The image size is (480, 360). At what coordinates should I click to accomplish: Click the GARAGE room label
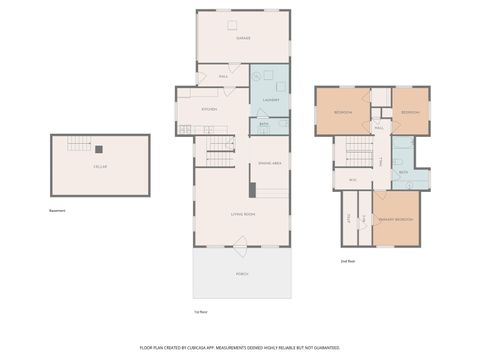243,38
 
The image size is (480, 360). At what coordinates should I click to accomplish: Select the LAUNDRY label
269,100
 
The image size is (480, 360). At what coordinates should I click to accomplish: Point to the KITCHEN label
210,109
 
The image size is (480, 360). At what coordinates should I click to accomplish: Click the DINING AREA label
270,163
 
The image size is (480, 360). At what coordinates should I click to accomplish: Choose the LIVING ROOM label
243,214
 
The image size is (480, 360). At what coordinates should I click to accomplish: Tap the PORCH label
243,273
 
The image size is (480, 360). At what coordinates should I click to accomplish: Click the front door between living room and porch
240,242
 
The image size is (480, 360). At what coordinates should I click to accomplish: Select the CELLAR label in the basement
100,167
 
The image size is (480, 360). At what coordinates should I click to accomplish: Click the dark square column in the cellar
98,151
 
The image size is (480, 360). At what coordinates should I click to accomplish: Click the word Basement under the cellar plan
58,211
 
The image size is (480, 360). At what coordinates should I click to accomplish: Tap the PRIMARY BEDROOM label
397,219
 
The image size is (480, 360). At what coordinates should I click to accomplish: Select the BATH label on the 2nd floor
403,173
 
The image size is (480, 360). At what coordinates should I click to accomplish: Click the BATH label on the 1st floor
264,124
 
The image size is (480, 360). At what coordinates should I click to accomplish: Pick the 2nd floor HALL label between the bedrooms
380,128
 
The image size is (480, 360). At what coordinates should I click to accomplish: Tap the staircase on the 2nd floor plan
359,152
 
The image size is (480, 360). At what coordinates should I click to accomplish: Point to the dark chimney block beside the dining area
251,188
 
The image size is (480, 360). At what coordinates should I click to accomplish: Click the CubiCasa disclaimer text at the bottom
240,346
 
